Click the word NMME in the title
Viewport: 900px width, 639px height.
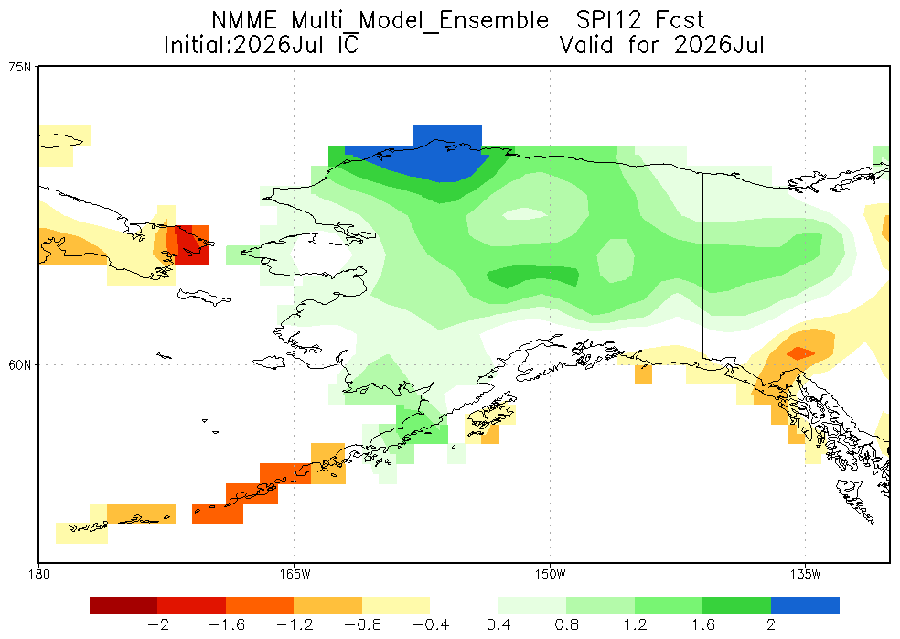coord(244,21)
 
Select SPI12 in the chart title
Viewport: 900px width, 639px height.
coord(608,21)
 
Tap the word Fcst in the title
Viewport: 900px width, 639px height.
coord(680,21)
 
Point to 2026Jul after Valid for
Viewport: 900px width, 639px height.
coord(719,45)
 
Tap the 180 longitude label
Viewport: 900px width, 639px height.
coord(38,574)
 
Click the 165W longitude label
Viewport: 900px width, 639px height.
coord(294,574)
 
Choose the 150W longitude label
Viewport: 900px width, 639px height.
coord(550,574)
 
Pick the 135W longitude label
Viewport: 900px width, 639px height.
coord(805,574)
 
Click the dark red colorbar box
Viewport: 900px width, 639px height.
coord(123,606)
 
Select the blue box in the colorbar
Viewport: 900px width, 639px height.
coord(805,606)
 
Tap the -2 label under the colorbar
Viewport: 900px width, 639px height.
coord(157,624)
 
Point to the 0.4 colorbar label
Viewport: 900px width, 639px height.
coord(498,624)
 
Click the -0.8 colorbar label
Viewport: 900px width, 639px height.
coord(362,624)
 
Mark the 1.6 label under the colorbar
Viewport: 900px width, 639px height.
coord(702,624)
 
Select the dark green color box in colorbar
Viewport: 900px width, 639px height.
coord(736,606)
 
